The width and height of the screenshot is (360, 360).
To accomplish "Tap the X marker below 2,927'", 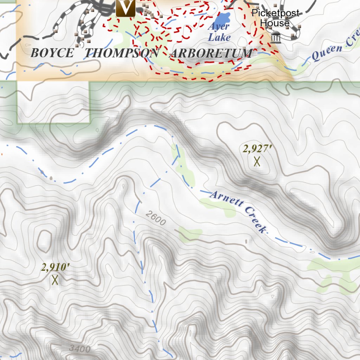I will (257, 161).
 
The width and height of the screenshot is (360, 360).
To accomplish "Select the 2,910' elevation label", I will (55, 268).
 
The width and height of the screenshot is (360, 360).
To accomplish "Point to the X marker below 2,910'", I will (54, 280).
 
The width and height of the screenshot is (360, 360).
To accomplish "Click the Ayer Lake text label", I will (219, 32).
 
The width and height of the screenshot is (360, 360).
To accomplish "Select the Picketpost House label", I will (275, 18).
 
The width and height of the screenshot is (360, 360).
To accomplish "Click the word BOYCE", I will (52, 53).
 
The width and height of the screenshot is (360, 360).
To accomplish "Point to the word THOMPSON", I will (122, 53).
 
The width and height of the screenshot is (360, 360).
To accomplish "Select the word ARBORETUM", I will (211, 53).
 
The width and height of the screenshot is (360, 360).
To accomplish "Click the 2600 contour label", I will (155, 218).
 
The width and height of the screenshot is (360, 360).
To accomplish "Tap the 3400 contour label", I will (80, 349).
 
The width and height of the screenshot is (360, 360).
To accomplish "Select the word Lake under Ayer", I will (219, 37).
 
